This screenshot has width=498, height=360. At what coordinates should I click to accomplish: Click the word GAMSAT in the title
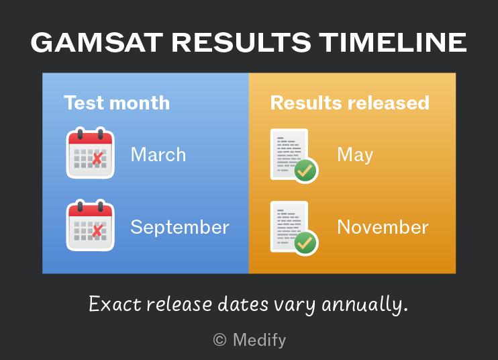97,42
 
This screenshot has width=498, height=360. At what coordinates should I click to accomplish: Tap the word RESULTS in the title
242,42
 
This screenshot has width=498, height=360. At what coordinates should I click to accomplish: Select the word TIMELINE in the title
393,42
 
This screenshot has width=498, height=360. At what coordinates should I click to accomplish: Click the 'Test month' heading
117,103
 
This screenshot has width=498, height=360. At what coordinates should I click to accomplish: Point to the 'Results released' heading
350,103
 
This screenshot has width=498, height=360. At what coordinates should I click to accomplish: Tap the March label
158,154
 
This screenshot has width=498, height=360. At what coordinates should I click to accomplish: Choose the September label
180,228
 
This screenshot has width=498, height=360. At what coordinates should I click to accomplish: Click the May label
355,155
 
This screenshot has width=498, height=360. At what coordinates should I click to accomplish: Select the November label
383,227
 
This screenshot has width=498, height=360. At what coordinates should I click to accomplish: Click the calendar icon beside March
90,153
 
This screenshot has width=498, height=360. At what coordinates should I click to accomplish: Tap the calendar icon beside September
90,225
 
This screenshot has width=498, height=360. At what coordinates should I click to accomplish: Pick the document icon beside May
294,156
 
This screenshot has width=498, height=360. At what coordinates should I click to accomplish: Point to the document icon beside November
294,228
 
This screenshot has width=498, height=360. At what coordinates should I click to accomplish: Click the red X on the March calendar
97,158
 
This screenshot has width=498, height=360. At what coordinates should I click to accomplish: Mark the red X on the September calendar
97,230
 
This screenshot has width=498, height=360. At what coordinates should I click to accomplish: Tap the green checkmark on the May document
305,171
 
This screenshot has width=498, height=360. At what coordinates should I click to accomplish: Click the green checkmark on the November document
305,243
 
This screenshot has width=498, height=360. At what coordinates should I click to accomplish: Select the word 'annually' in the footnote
364,304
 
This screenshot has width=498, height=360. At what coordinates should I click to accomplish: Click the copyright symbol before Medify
219,340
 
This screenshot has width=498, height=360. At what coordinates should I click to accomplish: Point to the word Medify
260,341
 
